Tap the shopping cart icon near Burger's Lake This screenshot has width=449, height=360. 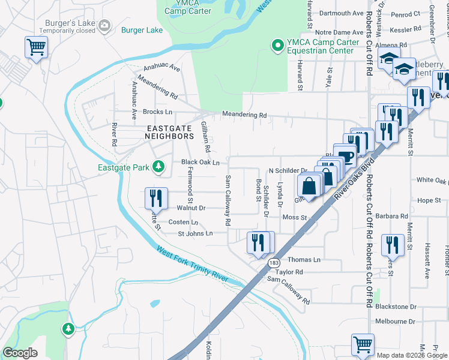pos(37,47)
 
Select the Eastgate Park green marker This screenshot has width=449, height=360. pos(158,166)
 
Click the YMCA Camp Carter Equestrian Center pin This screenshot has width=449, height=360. pos(277,45)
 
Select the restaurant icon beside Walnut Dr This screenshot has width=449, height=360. pos(155,198)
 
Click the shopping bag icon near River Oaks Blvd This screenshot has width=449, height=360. pos(309,185)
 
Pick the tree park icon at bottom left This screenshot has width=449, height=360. pos(68,329)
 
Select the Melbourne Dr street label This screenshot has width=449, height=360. pos(395,322)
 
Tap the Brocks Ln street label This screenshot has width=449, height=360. pos(157,112)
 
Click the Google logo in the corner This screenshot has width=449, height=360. pos(20,353)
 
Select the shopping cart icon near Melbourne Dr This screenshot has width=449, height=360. pos(363,345)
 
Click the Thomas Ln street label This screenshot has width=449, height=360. pos(304,260)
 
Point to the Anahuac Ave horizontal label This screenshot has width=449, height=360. pos(161,68)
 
